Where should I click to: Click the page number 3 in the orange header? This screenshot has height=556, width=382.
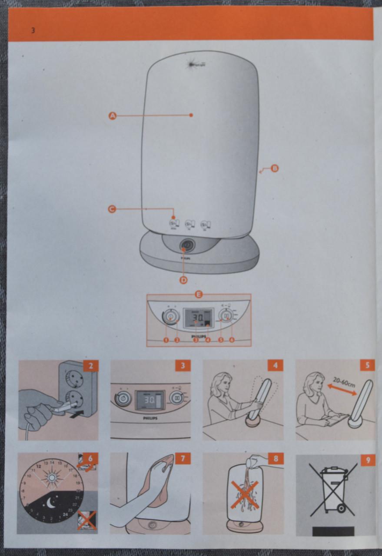coord(33,30)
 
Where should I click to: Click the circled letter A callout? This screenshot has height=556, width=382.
coord(113,116)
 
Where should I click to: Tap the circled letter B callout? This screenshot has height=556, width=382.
coord(274,169)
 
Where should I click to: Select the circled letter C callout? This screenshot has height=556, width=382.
coord(112,209)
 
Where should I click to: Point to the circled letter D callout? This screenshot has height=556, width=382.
coord(183,280)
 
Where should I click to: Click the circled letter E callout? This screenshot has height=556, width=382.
coord(199,295)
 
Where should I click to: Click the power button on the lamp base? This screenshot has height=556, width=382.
coord(186,245)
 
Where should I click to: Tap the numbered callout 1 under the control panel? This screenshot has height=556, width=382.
coord(166,340)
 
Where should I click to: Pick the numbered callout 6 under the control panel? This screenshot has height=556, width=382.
coord(232,340)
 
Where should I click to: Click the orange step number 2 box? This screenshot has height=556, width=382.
coord(90,365)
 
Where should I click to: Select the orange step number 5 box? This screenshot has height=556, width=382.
coord(368,365)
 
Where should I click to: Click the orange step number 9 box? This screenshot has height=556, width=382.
coord(368,460)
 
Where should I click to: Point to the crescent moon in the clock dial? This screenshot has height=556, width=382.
coord(51,503)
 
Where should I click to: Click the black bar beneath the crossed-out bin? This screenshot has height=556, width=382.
coord(333,531)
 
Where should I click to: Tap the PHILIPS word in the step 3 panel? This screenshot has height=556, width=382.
coord(150,418)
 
